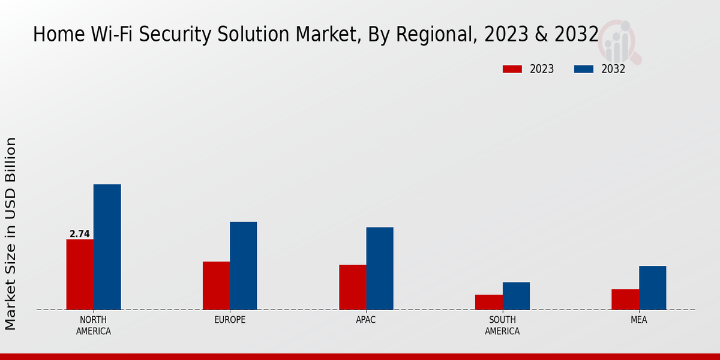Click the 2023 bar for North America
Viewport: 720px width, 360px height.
coord(80,274)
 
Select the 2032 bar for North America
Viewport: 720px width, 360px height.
coord(107,247)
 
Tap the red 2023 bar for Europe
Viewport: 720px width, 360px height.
coord(216,286)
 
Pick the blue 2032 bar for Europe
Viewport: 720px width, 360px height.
coord(243,266)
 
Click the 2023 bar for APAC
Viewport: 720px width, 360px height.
coord(352,287)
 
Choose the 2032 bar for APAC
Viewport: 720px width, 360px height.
coord(380,268)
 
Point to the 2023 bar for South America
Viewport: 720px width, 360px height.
coord(488,302)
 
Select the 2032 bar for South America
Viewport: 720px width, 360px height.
coord(516,296)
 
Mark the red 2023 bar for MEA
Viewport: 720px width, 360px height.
coord(625,299)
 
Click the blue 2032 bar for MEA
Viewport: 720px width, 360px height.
coord(652,287)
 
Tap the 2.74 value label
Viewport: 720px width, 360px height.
coord(79,234)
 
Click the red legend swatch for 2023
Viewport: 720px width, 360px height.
coord(512,69)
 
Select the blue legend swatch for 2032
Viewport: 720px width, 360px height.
coord(583,69)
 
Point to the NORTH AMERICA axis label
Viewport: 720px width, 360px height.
coord(93,325)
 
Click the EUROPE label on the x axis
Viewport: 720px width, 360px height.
coord(230,320)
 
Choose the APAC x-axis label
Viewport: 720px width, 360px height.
coord(365,320)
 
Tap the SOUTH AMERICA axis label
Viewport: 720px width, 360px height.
coord(502,325)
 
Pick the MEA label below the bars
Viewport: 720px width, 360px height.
coord(638,320)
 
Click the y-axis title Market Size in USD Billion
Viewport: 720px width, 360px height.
coord(11,233)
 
